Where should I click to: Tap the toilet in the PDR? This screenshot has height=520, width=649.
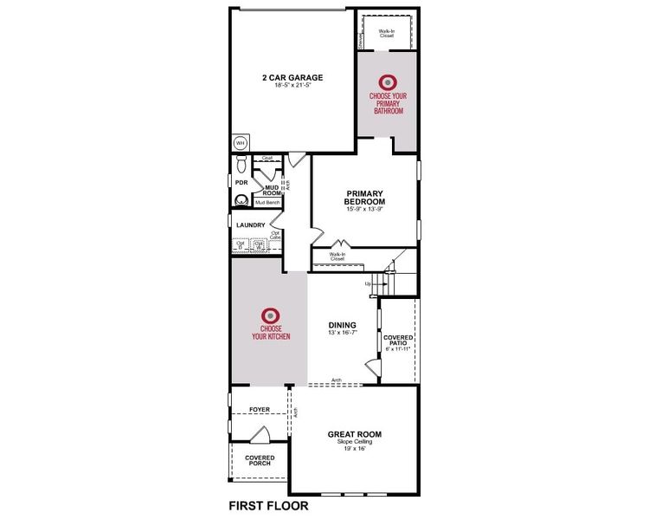(x=241, y=165)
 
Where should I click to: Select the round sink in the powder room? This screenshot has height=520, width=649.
(x=241, y=201)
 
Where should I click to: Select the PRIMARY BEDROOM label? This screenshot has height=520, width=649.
(x=364, y=198)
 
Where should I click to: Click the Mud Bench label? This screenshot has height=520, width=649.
(x=267, y=203)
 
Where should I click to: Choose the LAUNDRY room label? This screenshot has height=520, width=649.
(x=251, y=225)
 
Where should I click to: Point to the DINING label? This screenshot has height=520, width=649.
(x=342, y=325)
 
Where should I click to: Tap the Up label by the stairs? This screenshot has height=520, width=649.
(x=367, y=283)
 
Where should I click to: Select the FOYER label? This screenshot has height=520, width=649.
(x=260, y=409)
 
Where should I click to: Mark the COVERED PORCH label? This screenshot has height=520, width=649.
(x=260, y=460)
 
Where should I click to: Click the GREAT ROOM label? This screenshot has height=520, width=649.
(x=354, y=434)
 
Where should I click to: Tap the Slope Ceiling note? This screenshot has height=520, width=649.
(x=354, y=442)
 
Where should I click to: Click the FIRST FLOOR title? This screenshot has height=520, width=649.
(x=268, y=504)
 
